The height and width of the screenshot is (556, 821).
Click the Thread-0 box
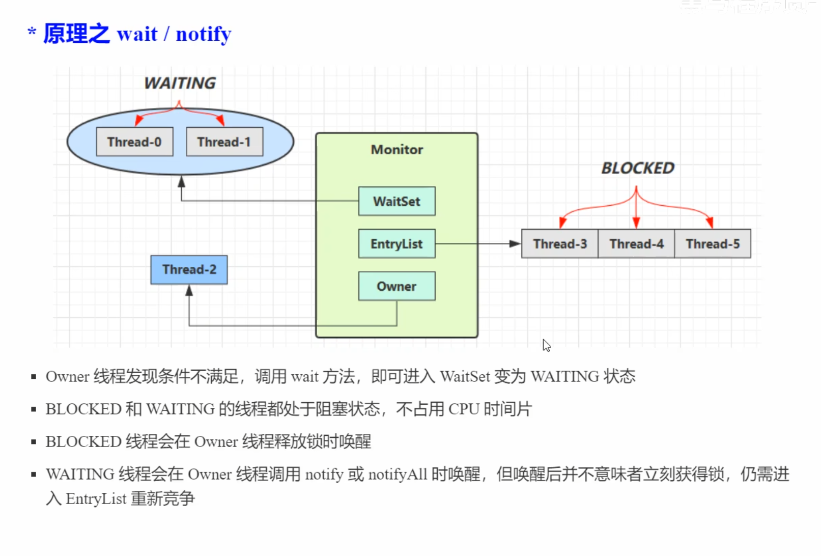(134, 142)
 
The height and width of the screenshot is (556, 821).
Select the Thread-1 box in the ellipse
(224, 142)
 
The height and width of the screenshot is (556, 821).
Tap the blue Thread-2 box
(189, 269)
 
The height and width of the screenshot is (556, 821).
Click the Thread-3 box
(560, 244)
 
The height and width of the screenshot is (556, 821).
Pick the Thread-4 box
(636, 244)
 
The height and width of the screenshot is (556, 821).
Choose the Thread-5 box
(713, 244)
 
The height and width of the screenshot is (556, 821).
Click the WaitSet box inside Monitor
(397, 201)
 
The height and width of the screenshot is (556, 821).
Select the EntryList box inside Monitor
(397, 244)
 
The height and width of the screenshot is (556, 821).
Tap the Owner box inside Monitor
(397, 286)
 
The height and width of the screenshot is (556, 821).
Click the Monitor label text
(397, 150)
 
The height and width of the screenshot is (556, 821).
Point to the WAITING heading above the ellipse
(180, 83)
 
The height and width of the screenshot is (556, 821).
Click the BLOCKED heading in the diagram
(637, 168)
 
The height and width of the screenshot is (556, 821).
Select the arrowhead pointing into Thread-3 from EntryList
(515, 244)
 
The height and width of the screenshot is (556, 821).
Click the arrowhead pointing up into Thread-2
(189, 291)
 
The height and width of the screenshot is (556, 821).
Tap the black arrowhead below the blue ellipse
(181, 182)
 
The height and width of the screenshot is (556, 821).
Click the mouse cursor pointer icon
(546, 345)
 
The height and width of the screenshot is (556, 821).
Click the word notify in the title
(203, 34)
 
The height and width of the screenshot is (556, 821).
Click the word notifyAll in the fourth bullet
(397, 474)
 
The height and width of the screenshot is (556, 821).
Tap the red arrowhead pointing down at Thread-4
(636, 223)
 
